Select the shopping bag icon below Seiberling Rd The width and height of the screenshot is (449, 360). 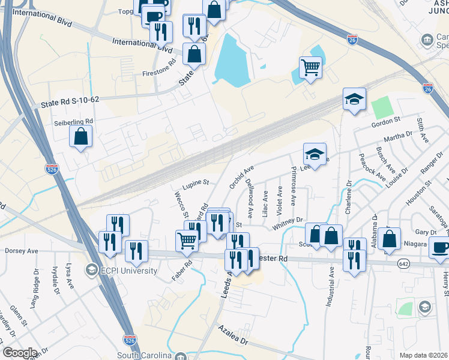(80, 136)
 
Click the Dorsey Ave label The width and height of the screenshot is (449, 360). (22, 251)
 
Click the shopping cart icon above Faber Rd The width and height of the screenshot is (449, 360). (187, 240)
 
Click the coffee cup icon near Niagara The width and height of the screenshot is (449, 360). (440, 247)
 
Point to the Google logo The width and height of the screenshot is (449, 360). (19, 353)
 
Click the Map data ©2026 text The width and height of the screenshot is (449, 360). (423, 355)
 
